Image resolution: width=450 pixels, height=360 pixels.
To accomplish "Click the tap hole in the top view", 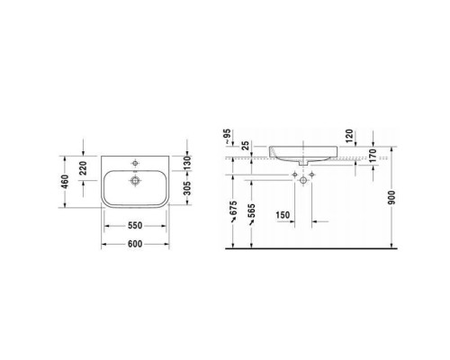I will coord(137,163).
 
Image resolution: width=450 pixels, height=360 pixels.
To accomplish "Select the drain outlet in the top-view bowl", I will coord(137,180).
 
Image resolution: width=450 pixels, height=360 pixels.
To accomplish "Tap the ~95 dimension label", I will coord(229,139).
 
